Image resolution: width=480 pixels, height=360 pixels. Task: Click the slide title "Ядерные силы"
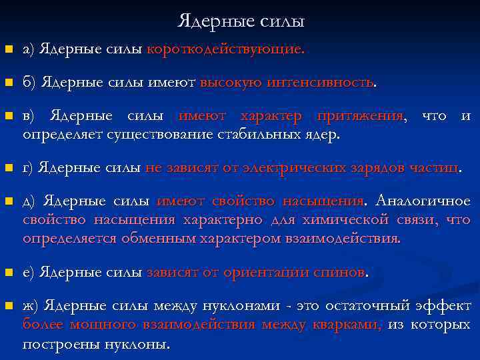coord(241,21)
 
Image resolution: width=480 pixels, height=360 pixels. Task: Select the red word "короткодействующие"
coord(225,49)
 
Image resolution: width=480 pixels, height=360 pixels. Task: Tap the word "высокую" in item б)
coord(231,83)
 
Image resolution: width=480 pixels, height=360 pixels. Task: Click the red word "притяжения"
coord(361,117)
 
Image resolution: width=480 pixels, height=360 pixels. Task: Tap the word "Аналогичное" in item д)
coord(423,201)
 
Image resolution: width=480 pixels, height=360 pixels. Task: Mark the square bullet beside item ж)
coord(8,307)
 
